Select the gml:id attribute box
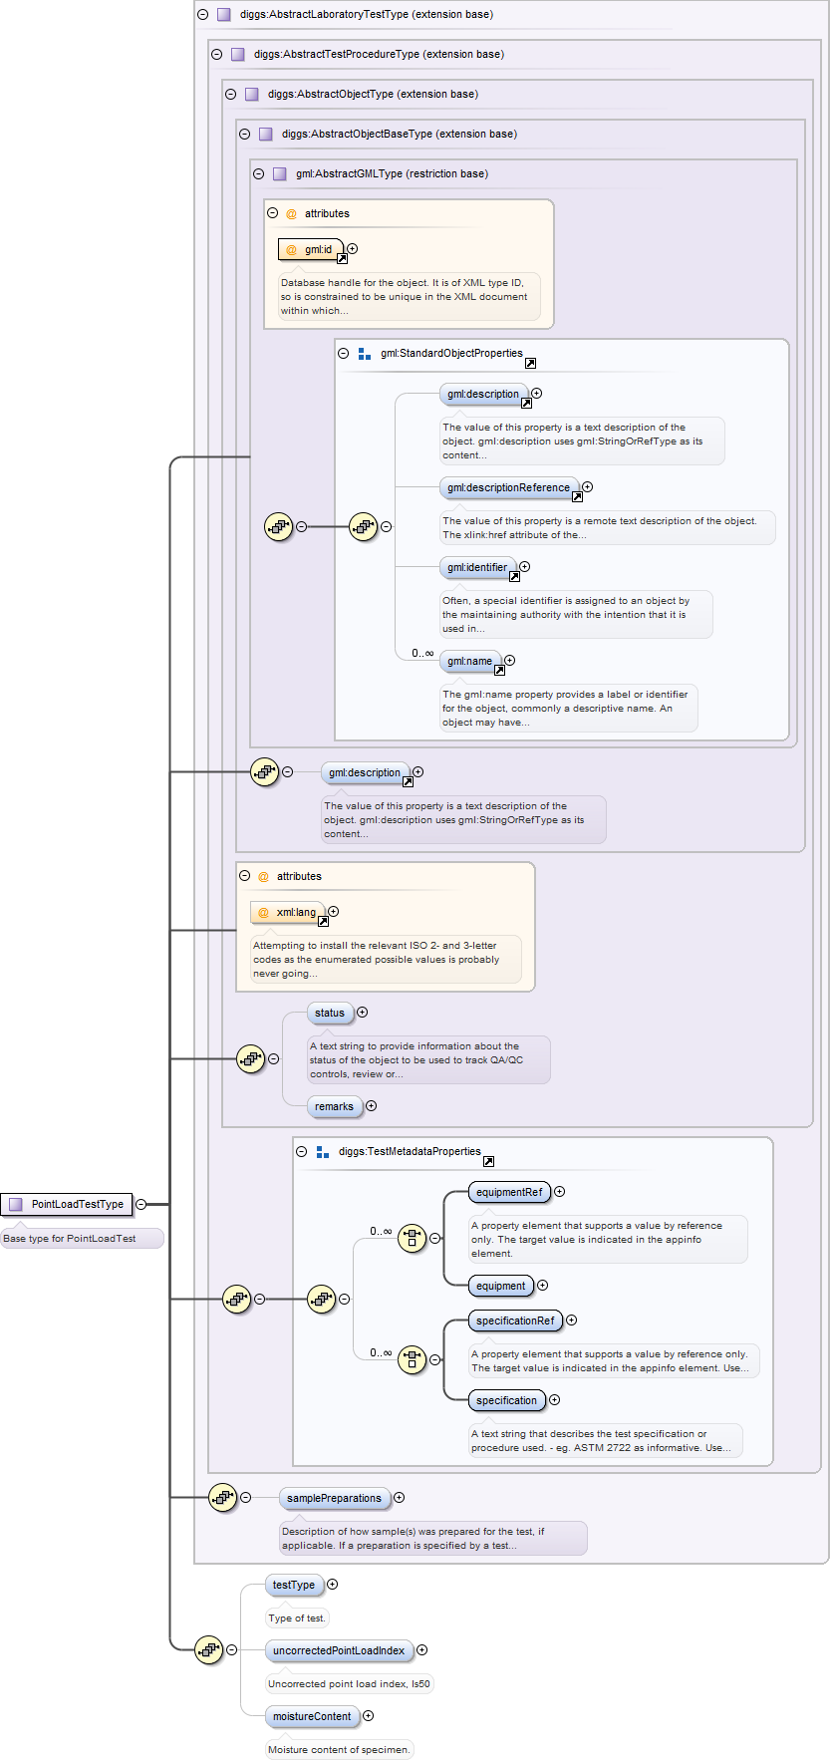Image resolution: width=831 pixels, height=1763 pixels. tap(311, 249)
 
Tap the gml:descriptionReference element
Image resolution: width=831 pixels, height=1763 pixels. tap(509, 488)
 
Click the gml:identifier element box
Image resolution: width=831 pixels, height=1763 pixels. tap(477, 568)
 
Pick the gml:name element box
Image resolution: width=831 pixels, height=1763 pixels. tap(470, 662)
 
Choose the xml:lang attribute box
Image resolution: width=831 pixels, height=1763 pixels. tap(288, 912)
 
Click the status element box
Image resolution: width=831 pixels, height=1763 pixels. tap(330, 1014)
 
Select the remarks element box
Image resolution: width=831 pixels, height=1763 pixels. tap(334, 1107)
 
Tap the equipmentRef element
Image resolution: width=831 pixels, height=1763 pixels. tap(509, 1193)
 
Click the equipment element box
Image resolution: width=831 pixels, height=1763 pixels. tap(500, 1287)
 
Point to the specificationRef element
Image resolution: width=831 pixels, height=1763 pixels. tap(515, 1322)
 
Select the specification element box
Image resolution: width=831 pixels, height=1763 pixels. tap(506, 1401)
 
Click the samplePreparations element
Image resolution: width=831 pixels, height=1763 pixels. tap(334, 1499)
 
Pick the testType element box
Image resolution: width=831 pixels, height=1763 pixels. tap(294, 1586)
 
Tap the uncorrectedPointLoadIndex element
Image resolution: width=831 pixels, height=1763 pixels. tap(339, 1651)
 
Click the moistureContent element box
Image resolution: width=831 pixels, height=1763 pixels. tap(312, 1717)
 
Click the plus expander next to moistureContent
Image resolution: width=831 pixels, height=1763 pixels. tap(369, 1716)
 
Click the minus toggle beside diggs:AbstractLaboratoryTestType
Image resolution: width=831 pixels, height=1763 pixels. tap(203, 15)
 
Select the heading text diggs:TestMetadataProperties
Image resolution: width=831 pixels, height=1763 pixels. tap(410, 1152)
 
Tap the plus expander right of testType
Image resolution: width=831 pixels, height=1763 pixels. tap(333, 1585)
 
